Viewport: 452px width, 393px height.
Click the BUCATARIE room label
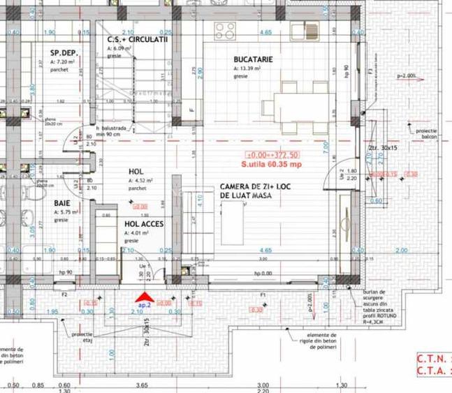tap(253, 59)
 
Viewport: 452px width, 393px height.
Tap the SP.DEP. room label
tap(64, 53)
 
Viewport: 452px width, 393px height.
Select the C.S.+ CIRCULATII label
tap(138, 40)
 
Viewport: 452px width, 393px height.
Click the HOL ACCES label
tap(145, 225)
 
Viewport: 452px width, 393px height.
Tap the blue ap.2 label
tap(144, 306)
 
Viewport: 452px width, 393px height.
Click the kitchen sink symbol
tap(306, 30)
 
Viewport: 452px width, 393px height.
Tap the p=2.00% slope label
tap(407, 75)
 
